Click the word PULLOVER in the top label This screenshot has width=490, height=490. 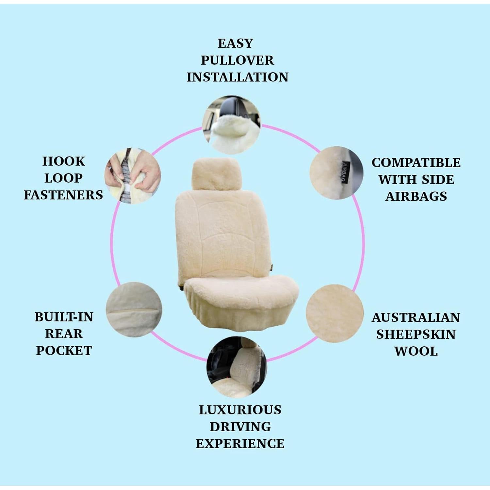[237, 60]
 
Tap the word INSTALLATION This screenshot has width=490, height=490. [237, 77]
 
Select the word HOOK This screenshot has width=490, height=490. [63, 161]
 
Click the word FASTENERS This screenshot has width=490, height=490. [63, 195]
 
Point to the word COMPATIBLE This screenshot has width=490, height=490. [416, 163]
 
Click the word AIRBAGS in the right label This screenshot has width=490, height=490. [416, 196]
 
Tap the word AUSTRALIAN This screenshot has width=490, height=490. [416, 318]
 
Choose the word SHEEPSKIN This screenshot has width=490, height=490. [416, 335]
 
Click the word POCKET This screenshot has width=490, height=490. [64, 351]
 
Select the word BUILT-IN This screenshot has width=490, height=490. [64, 317]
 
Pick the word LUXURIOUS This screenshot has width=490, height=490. [240, 410]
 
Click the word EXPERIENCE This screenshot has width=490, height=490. [240, 444]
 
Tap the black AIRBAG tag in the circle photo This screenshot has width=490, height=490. [345, 172]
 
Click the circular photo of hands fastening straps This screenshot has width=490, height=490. [133, 176]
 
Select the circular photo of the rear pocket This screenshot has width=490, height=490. [134, 310]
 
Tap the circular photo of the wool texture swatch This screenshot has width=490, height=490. [335, 313]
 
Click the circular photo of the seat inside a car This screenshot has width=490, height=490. [237, 367]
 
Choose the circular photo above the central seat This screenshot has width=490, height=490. [232, 124]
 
